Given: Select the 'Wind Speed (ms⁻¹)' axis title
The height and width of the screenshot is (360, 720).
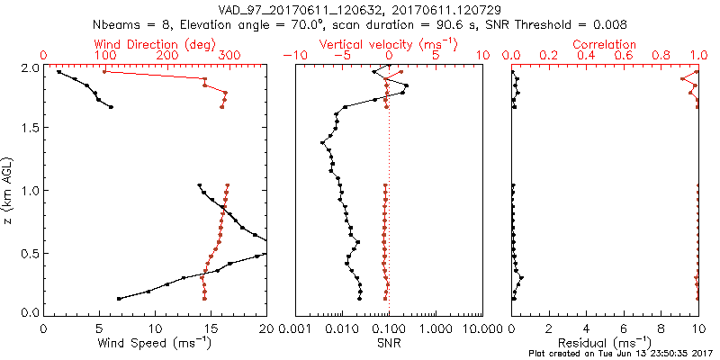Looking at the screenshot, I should [x=155, y=343].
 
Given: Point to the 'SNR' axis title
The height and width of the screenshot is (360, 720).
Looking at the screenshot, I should [x=389, y=343].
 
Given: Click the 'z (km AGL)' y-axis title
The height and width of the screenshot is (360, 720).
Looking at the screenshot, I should [x=8, y=190].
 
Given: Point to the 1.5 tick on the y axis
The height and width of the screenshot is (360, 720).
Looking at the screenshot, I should [x=27, y=129].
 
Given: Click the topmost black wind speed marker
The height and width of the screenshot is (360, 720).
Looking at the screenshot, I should [x=58, y=72].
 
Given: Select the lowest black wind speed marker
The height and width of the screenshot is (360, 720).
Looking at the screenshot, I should [x=119, y=298].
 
